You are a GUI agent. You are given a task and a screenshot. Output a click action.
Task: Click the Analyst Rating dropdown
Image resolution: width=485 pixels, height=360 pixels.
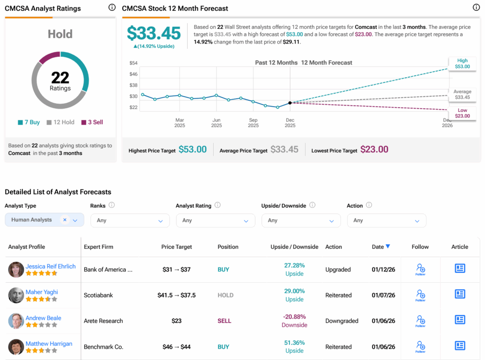click(x=216, y=220)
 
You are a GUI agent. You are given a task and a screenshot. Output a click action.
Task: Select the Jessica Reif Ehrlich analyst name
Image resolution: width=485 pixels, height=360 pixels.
click(x=51, y=266)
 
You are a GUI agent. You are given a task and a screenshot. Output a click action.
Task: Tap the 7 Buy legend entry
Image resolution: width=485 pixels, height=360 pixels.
click(x=29, y=122)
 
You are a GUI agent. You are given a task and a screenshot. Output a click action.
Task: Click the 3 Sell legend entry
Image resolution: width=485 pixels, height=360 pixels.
click(x=92, y=122)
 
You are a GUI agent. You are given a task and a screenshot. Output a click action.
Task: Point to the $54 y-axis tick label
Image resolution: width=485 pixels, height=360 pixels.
click(x=133, y=63)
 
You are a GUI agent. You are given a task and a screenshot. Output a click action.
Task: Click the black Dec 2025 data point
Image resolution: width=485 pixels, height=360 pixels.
click(x=290, y=102)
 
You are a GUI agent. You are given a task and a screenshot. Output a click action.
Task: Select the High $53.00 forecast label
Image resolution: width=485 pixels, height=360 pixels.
click(x=462, y=63)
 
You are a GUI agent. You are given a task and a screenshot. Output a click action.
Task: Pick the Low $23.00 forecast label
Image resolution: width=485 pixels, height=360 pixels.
click(x=462, y=113)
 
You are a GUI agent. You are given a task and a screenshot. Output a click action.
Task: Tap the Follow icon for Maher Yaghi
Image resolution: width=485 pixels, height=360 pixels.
click(x=420, y=295)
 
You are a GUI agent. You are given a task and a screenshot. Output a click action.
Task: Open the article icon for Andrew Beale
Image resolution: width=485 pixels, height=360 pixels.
click(x=459, y=320)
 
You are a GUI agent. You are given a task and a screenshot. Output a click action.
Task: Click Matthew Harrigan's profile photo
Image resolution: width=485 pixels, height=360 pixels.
click(x=16, y=347)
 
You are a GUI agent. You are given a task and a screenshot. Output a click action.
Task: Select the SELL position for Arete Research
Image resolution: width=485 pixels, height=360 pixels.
click(x=225, y=321)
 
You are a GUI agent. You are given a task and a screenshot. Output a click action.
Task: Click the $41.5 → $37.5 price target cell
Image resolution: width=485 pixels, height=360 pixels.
click(x=177, y=295)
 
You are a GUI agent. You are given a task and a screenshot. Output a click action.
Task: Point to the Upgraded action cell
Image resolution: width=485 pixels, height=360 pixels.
click(x=338, y=270)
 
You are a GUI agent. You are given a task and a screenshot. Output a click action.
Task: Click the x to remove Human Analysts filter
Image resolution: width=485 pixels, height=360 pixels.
click(x=65, y=220)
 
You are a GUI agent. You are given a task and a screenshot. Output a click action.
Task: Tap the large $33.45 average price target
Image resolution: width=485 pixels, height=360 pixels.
click(x=154, y=33)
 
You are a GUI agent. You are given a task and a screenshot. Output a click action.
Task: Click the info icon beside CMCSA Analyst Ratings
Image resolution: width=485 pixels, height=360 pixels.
click(x=112, y=8)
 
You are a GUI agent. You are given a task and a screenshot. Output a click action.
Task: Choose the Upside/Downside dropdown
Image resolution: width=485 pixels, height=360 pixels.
click(x=301, y=220)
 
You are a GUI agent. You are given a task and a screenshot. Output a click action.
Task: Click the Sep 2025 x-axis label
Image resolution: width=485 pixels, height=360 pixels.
click(x=253, y=123)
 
